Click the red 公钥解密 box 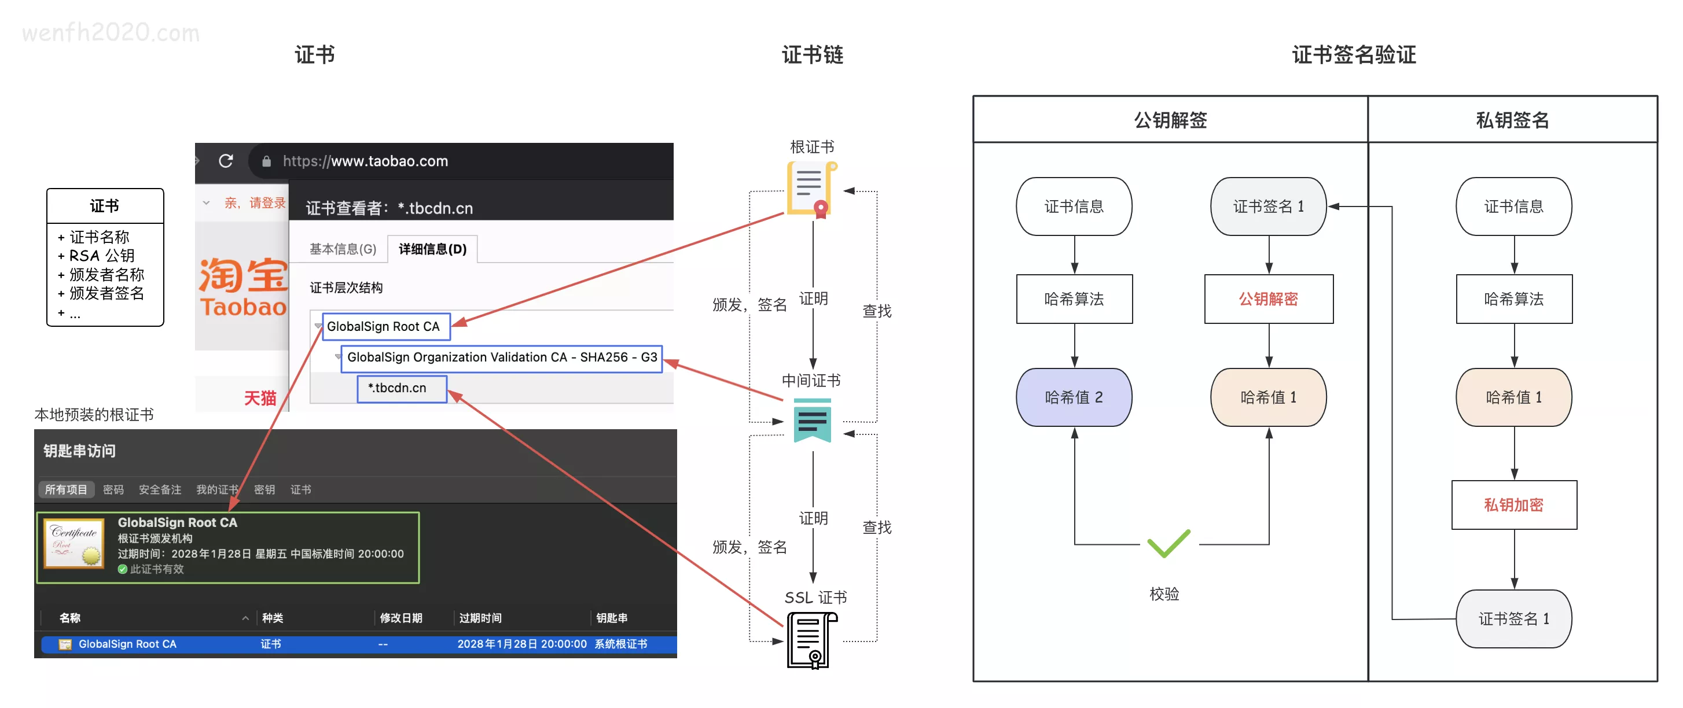pos(1268,299)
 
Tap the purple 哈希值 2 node pos(1074,397)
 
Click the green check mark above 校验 pos(1168,543)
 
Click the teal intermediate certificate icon pos(812,421)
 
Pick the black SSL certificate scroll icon pos(811,641)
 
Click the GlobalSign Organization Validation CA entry pos(501,358)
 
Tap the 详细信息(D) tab pos(432,249)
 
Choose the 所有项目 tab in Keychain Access pos(66,490)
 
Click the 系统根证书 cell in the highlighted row pos(620,644)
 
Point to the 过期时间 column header pos(480,618)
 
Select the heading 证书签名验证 pos(1354,55)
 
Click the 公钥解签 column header pos(1170,120)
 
